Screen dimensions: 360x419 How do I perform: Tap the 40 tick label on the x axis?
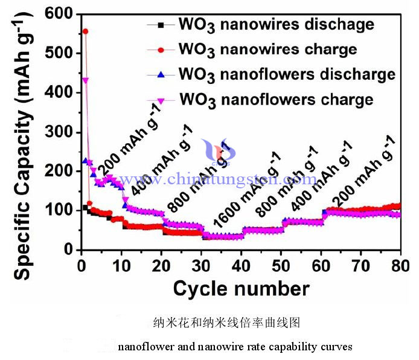[x=241, y=265]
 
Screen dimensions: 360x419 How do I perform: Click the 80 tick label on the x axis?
[x=400, y=265]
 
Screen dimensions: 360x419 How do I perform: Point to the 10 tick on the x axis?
[x=122, y=265]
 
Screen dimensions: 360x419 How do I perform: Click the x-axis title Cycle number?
[x=241, y=288]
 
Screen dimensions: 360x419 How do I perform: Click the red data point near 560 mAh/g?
[x=85, y=31]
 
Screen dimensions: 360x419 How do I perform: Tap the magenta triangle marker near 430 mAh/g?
[x=86, y=80]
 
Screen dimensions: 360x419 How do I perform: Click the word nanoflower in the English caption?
[x=143, y=347]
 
